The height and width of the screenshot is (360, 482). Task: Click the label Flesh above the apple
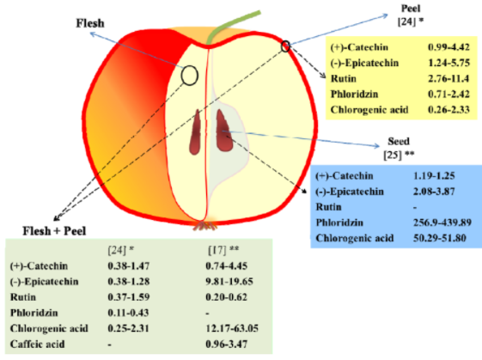[x=90, y=23]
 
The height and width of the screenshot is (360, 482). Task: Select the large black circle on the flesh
[x=189, y=76]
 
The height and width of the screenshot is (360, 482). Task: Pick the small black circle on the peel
[x=285, y=46]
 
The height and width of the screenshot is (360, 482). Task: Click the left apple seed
[x=195, y=132]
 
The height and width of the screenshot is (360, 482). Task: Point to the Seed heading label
[x=399, y=141]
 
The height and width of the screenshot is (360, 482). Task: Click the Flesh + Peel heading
[x=54, y=231]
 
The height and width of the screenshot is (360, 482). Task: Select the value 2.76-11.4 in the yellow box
[x=448, y=78]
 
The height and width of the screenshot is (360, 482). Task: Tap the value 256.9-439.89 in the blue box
[x=442, y=223]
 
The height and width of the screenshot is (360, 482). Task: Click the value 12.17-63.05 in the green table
[x=232, y=328]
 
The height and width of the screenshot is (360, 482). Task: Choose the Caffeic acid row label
[x=37, y=344]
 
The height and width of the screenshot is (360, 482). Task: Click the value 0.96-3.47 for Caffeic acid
[x=226, y=344]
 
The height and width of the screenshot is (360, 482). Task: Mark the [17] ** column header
[x=223, y=250]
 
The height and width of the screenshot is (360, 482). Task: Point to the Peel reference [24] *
[x=411, y=21]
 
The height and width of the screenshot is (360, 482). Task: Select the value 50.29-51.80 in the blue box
[x=440, y=238]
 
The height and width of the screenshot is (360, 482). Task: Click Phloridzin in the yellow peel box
[x=354, y=94]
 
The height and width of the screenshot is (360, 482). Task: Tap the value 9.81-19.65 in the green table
[x=229, y=281]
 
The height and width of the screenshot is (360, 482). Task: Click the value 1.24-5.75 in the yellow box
[x=448, y=63]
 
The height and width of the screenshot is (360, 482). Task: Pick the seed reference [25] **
[x=399, y=155]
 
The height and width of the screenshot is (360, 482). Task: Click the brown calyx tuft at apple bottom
[x=204, y=226]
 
